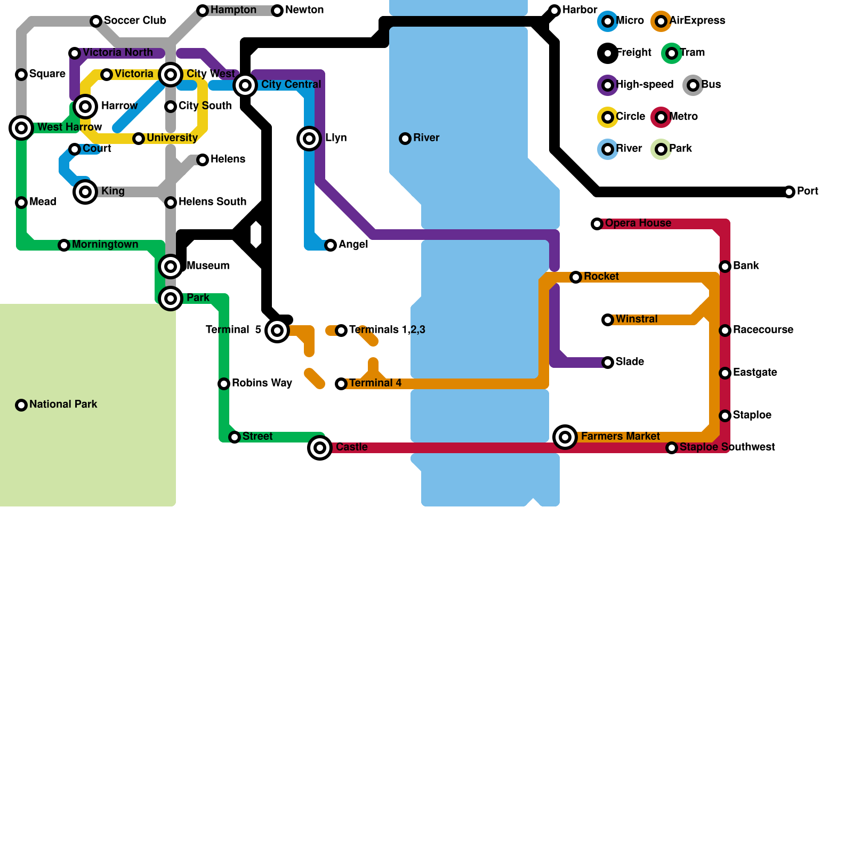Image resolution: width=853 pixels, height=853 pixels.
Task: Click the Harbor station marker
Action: [x=554, y=11]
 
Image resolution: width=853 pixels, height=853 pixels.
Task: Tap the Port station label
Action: [x=807, y=191]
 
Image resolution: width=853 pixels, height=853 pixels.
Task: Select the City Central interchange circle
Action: [x=245, y=85]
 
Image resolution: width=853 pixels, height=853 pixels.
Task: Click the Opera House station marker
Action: [x=597, y=224]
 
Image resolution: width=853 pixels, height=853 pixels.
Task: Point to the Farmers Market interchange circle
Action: [x=565, y=437]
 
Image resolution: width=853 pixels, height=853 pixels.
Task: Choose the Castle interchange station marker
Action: [x=320, y=448]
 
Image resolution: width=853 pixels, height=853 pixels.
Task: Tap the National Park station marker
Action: [x=21, y=405]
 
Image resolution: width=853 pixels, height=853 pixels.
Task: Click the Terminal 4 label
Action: [x=375, y=383]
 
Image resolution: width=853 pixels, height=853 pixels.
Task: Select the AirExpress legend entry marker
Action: [x=661, y=21]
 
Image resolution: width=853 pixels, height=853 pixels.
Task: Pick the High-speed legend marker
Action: [x=608, y=85]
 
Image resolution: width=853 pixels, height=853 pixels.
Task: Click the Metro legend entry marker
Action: [x=661, y=117]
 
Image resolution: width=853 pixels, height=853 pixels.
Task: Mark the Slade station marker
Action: [x=608, y=363]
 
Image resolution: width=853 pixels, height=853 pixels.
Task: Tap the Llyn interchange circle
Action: [x=309, y=139]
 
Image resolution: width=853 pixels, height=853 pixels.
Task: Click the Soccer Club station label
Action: [x=135, y=21]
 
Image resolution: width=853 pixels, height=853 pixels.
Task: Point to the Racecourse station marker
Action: [x=725, y=331]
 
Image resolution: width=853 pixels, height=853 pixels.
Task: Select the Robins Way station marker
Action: [x=224, y=384]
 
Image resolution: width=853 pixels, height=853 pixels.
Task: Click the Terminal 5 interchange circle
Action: [x=277, y=331]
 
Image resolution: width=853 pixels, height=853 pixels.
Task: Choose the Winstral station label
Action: [x=637, y=319]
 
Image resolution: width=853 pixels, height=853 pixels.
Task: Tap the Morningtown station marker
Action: [x=64, y=245]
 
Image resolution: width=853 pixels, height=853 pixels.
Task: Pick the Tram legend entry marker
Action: [x=672, y=53]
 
